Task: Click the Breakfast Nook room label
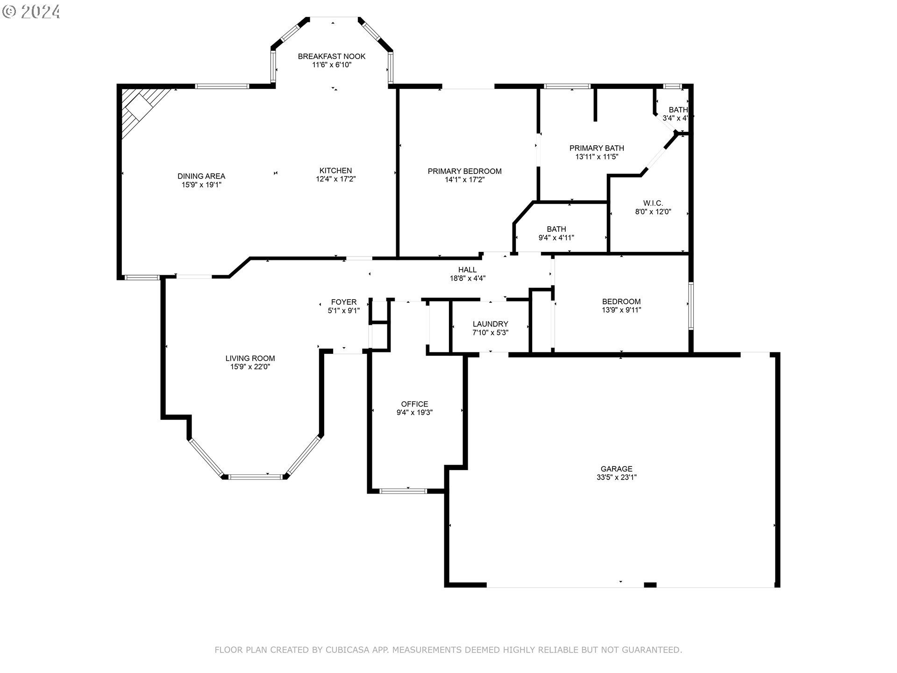[332, 57]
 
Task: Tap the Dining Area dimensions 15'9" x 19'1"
[201, 185]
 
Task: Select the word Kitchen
[335, 171]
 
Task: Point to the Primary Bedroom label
[464, 172]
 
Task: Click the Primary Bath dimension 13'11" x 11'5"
[597, 157]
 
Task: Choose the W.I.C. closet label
[653, 203]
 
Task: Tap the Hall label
[467, 270]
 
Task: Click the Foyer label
[344, 302]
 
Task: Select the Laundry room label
[490, 324]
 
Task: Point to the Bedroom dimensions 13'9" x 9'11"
[621, 310]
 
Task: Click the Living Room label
[250, 358]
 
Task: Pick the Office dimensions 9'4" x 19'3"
[414, 413]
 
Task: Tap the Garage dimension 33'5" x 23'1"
[617, 477]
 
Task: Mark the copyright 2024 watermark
[31, 11]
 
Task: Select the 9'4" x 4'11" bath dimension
[556, 237]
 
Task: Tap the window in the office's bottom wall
[403, 491]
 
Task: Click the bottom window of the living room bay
[256, 477]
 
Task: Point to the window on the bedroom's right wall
[691, 306]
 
